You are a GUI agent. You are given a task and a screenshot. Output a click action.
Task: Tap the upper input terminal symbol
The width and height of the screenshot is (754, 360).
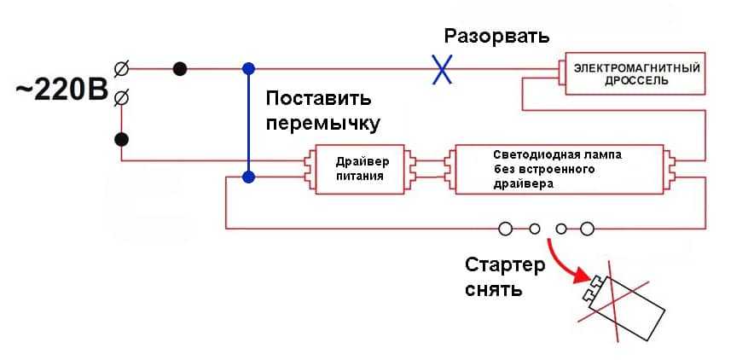pos(121,67)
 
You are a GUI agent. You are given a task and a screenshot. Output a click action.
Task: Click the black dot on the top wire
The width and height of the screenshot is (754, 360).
pos(180,67)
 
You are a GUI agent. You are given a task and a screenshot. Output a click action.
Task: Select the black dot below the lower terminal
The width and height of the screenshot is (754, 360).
pos(121,139)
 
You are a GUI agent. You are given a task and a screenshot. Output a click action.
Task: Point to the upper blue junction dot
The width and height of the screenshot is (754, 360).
pos(248,67)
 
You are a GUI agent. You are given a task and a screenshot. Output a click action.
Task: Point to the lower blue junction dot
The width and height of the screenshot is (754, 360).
pos(248,177)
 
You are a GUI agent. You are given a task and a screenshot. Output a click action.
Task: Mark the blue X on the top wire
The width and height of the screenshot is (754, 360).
pos(441,68)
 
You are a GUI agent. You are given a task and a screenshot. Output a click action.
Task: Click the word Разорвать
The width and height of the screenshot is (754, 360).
pos(496,37)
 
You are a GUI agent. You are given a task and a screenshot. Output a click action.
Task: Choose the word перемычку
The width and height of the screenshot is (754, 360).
pos(322,123)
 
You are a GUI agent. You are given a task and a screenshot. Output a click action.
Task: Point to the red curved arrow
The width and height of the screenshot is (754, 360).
pos(567,262)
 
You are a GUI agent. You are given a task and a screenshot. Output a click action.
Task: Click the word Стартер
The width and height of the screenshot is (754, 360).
pos(504,265)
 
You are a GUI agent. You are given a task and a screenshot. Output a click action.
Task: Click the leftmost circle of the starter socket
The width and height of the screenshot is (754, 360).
pos(505,228)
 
